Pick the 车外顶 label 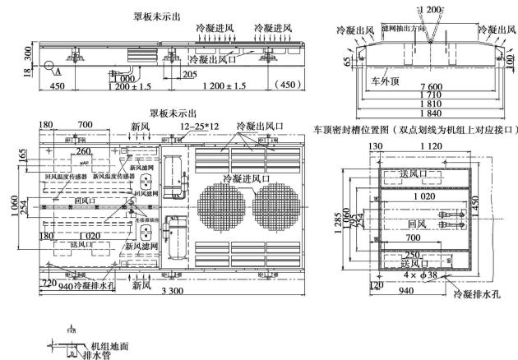point(386,81)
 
